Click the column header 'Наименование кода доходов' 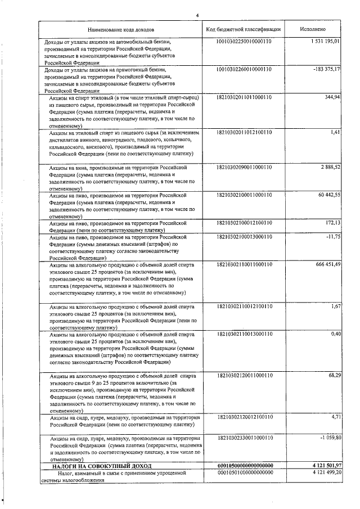click(x=121, y=29)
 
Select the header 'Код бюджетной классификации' click(x=244, y=29)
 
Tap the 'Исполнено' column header click(x=312, y=29)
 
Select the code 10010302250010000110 click(x=244, y=42)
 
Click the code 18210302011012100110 click(x=244, y=132)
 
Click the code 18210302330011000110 click(x=244, y=438)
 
